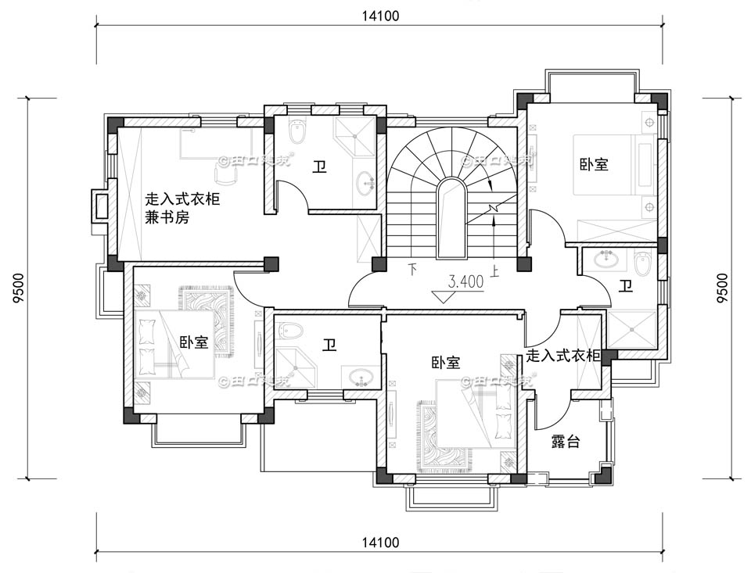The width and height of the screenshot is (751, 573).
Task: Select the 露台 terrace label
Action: point(565,442)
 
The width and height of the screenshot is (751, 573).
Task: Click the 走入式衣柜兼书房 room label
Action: point(182,209)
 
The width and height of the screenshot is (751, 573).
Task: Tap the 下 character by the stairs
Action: point(413,272)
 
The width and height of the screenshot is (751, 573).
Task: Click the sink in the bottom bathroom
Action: point(361,377)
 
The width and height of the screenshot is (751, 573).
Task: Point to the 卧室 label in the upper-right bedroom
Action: point(594,165)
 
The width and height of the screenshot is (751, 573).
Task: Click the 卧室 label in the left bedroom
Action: point(193,342)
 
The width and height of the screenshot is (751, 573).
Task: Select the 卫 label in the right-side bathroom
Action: point(625,287)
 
